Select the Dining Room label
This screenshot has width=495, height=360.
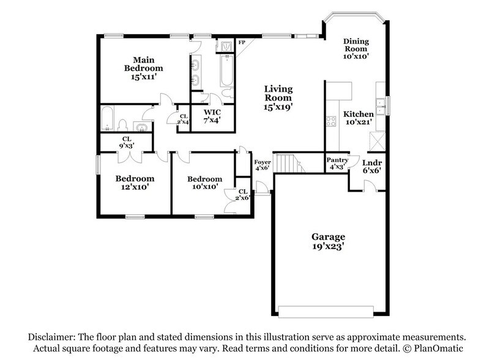(355, 48)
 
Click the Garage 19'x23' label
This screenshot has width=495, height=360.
(328, 241)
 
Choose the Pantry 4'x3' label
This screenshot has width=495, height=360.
(337, 163)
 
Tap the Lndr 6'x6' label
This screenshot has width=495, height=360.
(371, 167)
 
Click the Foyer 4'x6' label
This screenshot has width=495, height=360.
(262, 165)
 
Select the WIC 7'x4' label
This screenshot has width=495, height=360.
(212, 116)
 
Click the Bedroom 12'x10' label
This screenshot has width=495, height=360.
(135, 182)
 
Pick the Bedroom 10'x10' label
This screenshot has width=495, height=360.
(204, 182)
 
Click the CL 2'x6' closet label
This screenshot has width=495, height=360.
(243, 194)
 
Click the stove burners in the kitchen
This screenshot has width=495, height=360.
(331, 121)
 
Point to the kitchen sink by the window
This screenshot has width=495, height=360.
(381, 106)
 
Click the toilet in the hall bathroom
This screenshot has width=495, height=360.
(122, 125)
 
